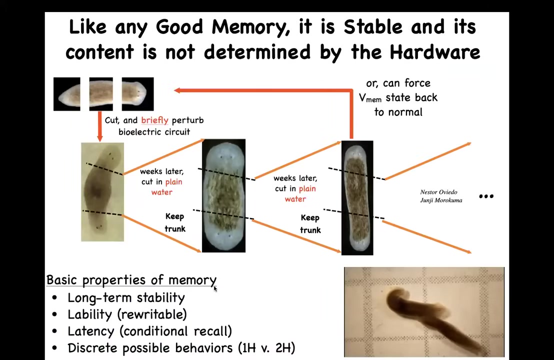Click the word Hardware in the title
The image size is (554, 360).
point(435,52)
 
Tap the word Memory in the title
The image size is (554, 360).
point(250,27)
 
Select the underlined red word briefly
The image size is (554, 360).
point(155,120)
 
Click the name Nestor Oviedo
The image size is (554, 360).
point(438,192)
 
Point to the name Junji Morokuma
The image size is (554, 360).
point(441,200)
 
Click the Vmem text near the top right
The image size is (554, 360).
point(370,98)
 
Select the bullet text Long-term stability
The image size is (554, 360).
point(126,297)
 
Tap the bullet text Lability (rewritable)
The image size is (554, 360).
point(127,314)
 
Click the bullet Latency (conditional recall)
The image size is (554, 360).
point(150,331)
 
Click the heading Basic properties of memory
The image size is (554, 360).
point(131,280)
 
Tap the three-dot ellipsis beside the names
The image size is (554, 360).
point(486,196)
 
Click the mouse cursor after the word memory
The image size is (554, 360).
point(215,288)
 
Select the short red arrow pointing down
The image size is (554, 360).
point(99,127)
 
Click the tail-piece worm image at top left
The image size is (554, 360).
point(67,94)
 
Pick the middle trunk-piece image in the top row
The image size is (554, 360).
point(101,94)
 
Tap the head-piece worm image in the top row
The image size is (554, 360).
point(137,94)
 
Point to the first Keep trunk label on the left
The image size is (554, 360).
point(175,222)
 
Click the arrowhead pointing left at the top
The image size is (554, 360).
point(177,90)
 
